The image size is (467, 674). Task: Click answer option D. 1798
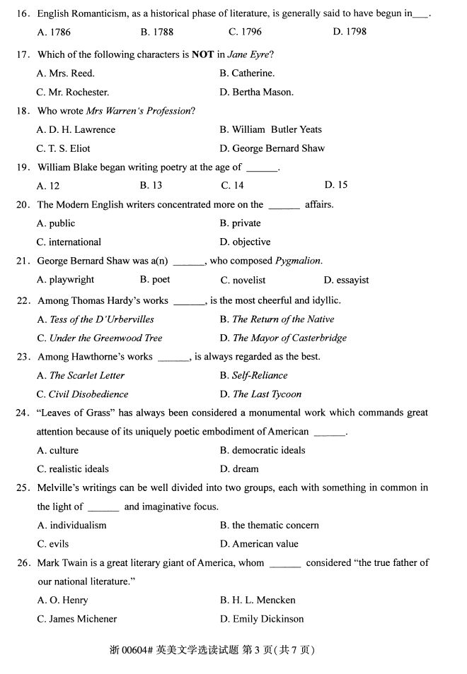[x=349, y=32]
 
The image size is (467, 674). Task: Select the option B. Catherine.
[x=247, y=73]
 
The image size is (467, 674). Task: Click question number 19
[x=23, y=167]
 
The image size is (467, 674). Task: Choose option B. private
[x=240, y=223]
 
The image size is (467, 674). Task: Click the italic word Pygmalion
[x=298, y=261]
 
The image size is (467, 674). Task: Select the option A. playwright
[x=65, y=280]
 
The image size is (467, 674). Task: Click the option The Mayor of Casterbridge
[x=289, y=338]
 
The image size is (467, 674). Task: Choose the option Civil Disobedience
[x=88, y=394]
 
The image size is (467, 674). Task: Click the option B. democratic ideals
[x=263, y=450]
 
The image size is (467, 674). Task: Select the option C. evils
[x=53, y=544]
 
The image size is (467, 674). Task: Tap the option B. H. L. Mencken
[x=258, y=600]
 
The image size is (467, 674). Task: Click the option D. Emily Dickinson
[x=262, y=619]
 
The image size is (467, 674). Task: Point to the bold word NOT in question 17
[x=202, y=54]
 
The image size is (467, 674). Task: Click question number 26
[x=23, y=563]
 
